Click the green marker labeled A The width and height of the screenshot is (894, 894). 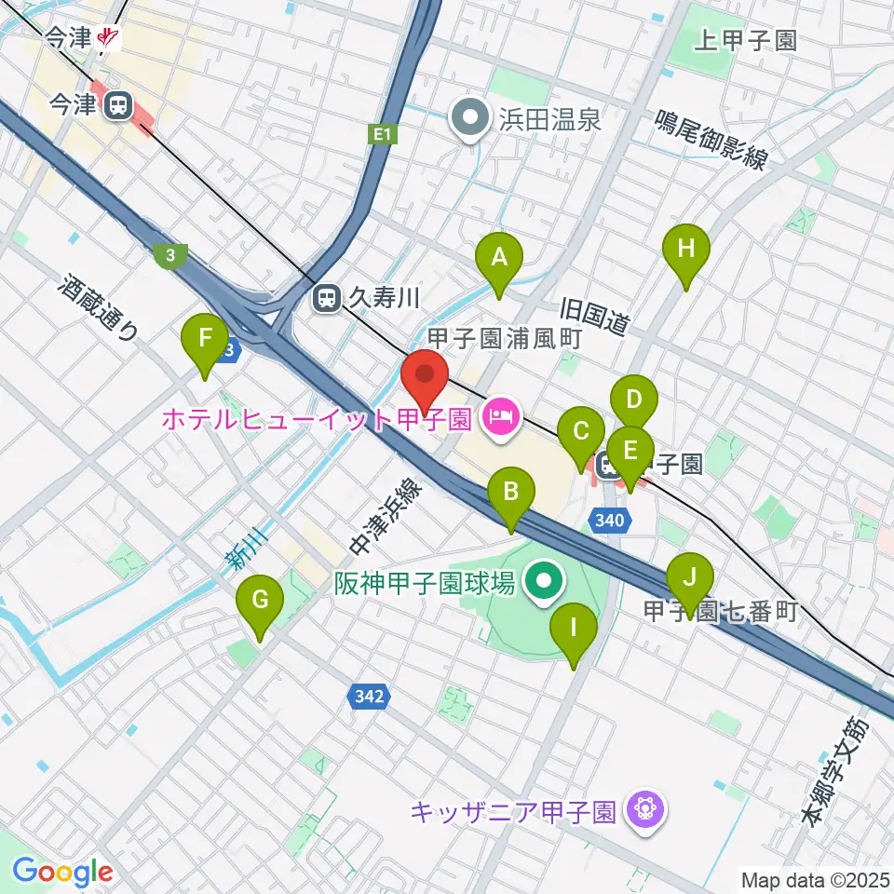coord(499,257)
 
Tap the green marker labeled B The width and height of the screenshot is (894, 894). coord(511,493)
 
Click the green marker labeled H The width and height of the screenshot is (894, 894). coord(686,251)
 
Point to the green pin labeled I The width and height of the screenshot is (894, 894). coord(573,630)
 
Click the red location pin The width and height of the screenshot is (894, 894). coord(426,376)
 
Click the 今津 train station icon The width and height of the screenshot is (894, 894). coord(118,105)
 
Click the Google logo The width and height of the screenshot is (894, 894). coord(62,872)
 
